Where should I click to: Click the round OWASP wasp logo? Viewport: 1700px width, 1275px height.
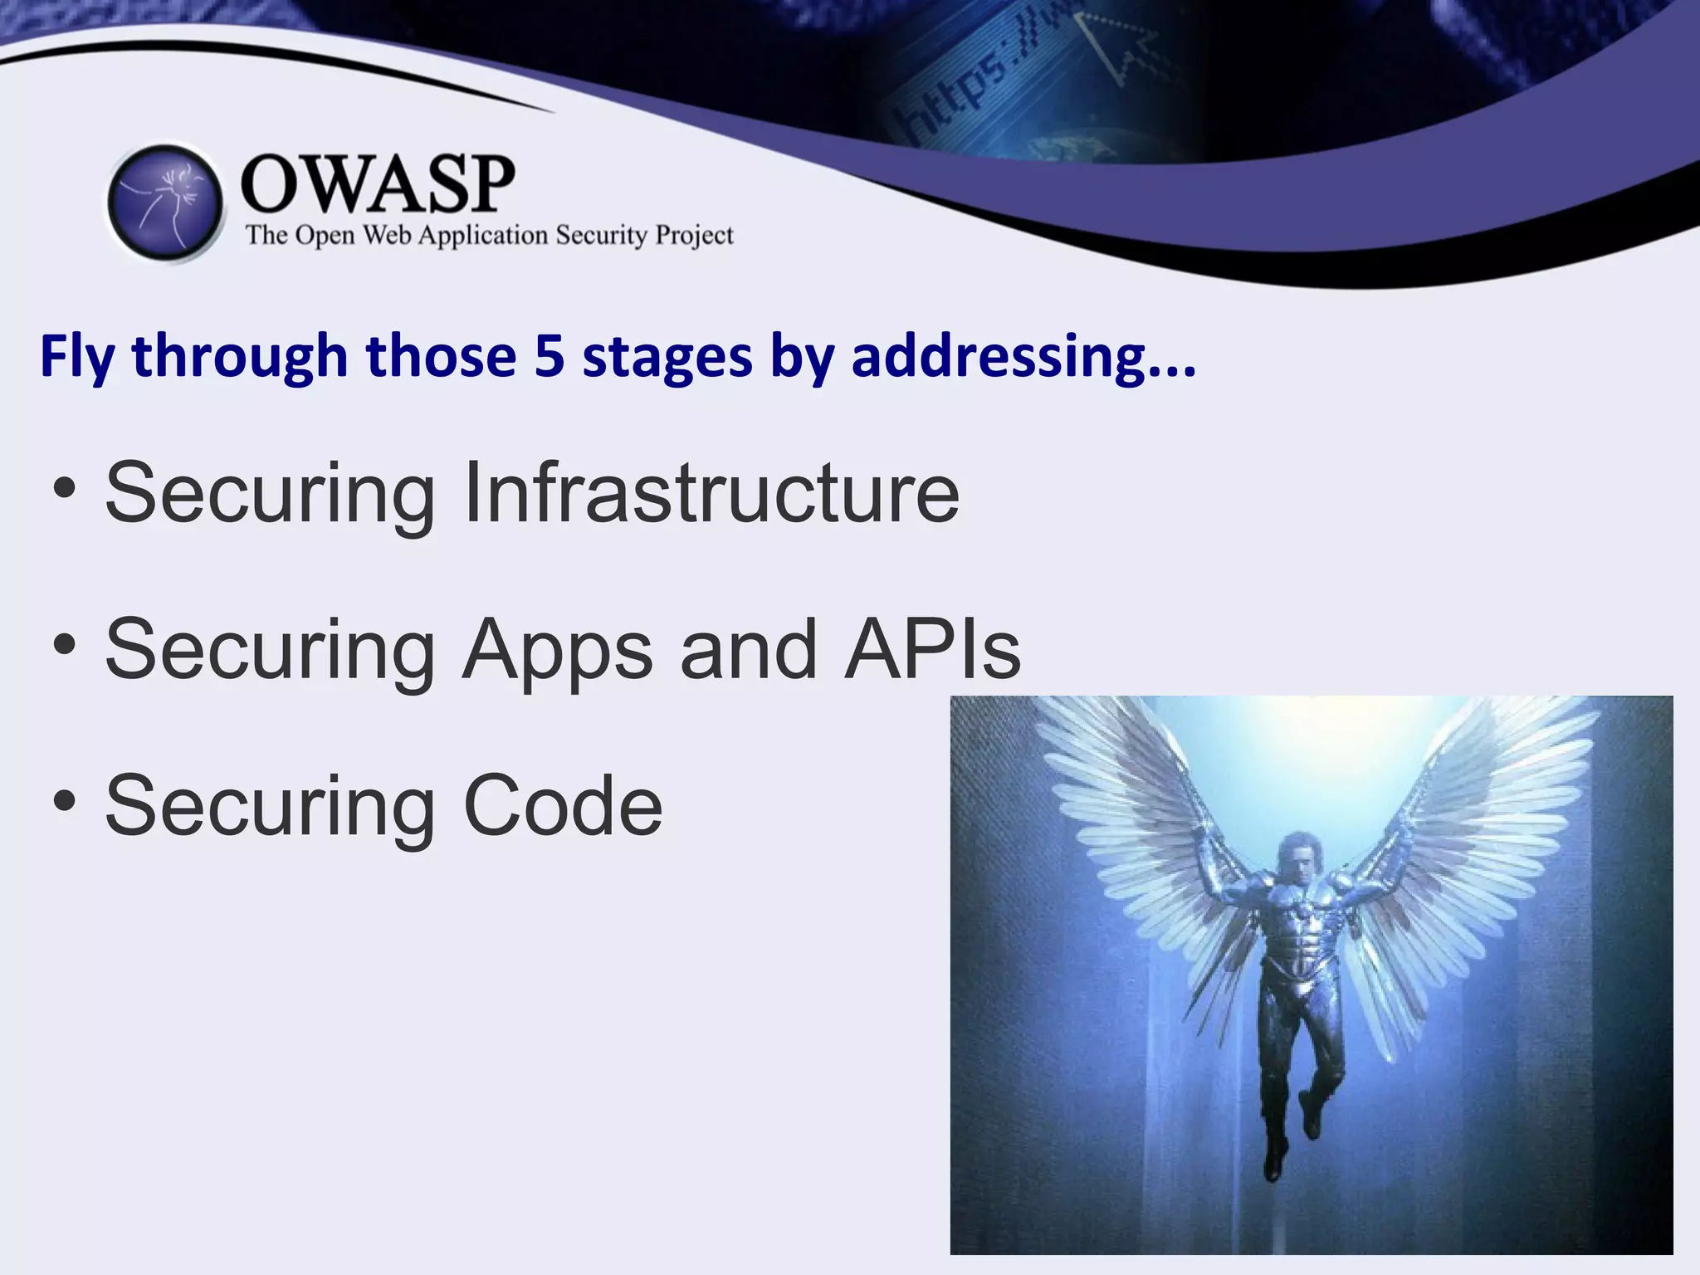(166, 203)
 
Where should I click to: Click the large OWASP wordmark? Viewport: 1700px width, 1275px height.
(378, 184)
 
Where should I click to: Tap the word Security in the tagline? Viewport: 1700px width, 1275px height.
(601, 236)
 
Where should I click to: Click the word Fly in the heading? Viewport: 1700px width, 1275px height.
(77, 357)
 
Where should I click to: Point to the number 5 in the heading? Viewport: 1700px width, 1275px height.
(549, 357)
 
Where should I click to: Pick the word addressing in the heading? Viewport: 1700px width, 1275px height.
(999, 357)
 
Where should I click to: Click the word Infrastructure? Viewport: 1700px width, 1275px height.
(711, 493)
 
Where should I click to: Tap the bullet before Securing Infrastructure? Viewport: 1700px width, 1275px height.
(64, 490)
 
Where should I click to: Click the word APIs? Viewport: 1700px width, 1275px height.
(932, 649)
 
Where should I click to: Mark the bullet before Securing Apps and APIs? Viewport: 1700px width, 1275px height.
(64, 646)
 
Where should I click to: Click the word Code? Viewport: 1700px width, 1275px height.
(563, 805)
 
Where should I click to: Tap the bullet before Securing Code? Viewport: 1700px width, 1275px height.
(64, 802)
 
